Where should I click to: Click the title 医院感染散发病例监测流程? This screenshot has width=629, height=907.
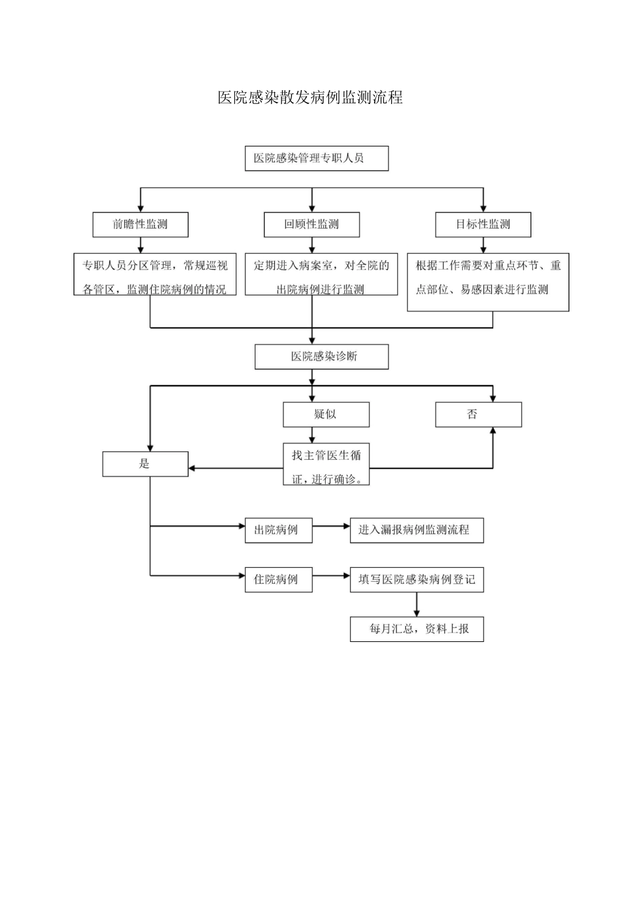pos(310,97)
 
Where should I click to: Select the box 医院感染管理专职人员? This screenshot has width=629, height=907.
pos(316,158)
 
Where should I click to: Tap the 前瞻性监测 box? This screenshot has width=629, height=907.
pos(140,225)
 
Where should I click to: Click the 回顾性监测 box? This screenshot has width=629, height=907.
pos(312,225)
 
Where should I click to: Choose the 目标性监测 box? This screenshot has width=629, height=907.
pos(483,225)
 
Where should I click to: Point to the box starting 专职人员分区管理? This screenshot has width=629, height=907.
pos(155,274)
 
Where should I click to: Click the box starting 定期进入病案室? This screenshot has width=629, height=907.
pos(321,274)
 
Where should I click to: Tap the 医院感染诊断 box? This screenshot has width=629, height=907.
pos(322,356)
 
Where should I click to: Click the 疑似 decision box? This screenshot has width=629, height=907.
pos(326,414)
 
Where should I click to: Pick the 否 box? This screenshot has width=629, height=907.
pos(478,414)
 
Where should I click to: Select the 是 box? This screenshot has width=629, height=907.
pos(145,464)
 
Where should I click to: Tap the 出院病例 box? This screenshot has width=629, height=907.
pos(278,530)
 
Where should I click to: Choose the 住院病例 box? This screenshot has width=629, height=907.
pos(278,579)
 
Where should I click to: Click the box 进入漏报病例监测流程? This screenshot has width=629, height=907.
pos(416,530)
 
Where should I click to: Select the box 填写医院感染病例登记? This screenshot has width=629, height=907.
pos(416,579)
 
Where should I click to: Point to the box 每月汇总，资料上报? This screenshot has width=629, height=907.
pos(416,629)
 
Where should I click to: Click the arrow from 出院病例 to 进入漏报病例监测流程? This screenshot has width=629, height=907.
pos(331,527)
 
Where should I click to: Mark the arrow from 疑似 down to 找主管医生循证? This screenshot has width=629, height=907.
pos(313,435)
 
